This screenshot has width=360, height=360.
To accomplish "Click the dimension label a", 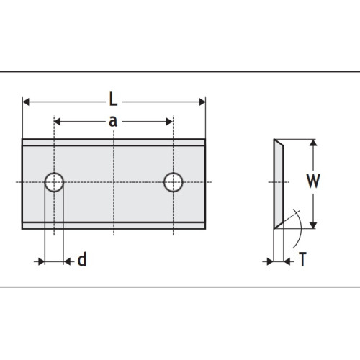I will pyautogui.click(x=113, y=121).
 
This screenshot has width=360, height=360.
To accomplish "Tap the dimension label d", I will pyautogui.click(x=82, y=260).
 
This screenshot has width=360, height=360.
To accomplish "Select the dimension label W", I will pyautogui.click(x=312, y=181).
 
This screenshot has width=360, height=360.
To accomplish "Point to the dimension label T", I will pyautogui.click(x=303, y=260).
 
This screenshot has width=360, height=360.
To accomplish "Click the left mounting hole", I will pyautogui.click(x=55, y=183).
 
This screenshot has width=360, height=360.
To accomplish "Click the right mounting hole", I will pyautogui.click(x=173, y=183).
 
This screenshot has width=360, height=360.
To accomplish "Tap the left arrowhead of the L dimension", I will pyautogui.click(x=27, y=102).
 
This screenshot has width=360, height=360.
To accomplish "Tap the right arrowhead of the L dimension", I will pyautogui.click(x=202, y=102).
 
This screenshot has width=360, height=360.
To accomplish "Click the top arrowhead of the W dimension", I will pyautogui.click(x=312, y=143).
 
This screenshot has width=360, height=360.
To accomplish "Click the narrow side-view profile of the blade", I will pyautogui.click(x=278, y=183).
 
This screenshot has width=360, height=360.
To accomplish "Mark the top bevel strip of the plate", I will pyautogui.click(x=114, y=142).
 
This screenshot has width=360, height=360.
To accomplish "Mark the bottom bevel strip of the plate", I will pyautogui.click(x=114, y=225).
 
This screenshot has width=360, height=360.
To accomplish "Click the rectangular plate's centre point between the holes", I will pyautogui.click(x=114, y=183).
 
